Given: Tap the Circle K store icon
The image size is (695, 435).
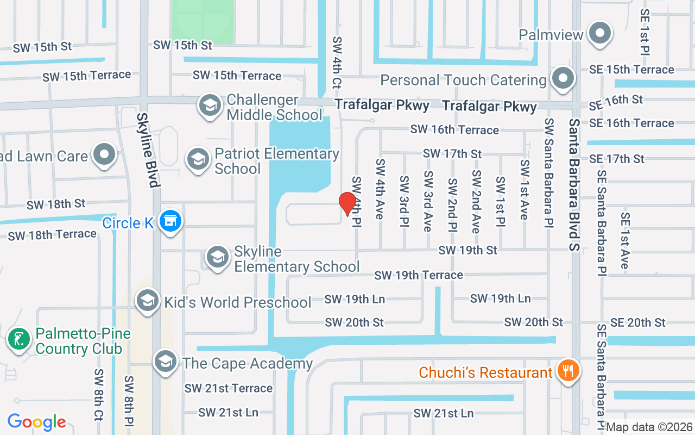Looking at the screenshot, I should point(172,221).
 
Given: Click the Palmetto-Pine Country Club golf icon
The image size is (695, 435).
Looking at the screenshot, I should point(19,339).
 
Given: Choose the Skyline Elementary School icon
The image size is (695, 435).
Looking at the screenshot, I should point(218,257).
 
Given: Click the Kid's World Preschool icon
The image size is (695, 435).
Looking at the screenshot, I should point(147,301).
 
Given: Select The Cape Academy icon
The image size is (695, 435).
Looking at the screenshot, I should point(166,362).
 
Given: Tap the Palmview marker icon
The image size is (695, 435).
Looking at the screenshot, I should point(599,34).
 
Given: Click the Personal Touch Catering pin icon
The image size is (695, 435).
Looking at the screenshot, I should point(563,79).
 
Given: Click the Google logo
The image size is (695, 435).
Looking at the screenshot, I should point(36,421).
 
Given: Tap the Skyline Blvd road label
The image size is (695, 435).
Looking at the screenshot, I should point(147,150).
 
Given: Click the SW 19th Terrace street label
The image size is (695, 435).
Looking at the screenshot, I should point(419,275).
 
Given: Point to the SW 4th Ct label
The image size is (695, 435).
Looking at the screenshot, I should point(337,63).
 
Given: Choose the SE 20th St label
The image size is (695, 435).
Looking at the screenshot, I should point(637,322).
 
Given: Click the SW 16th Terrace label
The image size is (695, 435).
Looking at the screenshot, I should point(454,129).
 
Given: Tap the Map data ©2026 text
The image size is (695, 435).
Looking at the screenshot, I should point(649,427).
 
